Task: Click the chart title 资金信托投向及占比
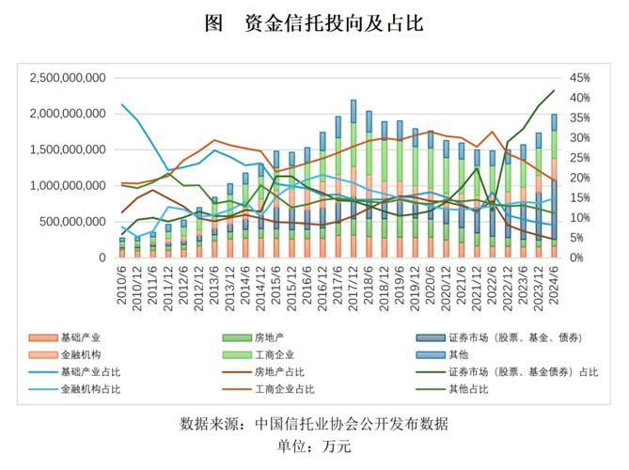(314, 23)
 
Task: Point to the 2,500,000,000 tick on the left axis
(68, 78)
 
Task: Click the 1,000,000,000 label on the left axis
(68, 186)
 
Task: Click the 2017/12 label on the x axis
(354, 281)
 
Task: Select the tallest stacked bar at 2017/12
(354, 179)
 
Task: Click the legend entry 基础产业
(80, 337)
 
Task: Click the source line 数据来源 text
(314, 424)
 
